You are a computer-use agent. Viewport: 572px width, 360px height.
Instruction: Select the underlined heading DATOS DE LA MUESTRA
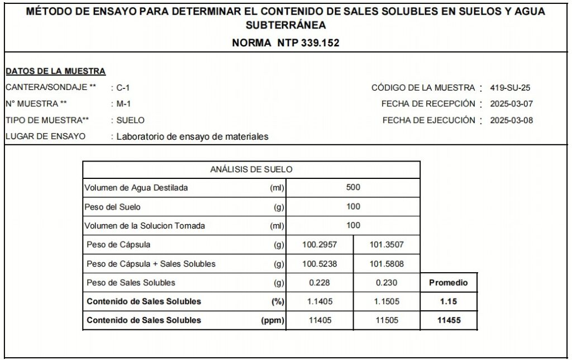pos(55,71)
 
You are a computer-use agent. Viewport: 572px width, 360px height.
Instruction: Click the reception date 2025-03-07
pos(511,104)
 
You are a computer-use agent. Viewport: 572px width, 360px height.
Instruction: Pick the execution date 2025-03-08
pos(511,120)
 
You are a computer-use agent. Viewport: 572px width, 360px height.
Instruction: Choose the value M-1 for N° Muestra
pos(123,104)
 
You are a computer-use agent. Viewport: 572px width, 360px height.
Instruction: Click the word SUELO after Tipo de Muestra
pos(130,120)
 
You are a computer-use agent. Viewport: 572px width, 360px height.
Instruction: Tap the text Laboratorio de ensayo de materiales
pos(192,136)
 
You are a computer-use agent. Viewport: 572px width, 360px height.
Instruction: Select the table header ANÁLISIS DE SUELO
pos(251,169)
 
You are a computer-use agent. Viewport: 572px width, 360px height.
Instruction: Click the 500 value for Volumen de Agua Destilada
pos(353,188)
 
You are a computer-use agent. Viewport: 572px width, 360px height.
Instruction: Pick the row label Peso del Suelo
pos(112,207)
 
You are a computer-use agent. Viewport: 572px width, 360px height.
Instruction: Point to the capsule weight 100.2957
pos(320,245)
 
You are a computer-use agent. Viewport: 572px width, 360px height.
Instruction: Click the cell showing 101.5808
pos(387,264)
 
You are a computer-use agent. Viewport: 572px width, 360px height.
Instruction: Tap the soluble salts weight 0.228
pos(320,283)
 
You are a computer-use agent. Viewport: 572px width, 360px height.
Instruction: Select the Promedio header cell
pos(448,283)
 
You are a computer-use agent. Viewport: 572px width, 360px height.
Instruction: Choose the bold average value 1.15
pos(448,302)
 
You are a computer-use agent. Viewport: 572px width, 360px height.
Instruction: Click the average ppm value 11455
pos(448,321)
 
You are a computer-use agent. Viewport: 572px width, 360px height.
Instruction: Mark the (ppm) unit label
pos(273,321)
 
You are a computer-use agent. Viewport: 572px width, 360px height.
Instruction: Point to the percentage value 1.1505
pos(387,302)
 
